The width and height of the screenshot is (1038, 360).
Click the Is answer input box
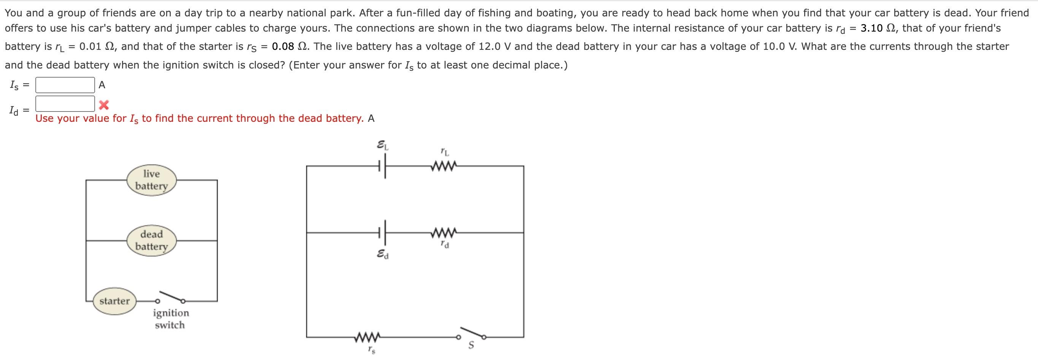65,85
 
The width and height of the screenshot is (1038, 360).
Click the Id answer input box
65,104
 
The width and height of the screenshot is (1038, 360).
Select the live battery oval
151,180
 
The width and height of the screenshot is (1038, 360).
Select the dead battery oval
151,240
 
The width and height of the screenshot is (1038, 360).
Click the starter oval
114,301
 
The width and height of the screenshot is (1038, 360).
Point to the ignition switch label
170,319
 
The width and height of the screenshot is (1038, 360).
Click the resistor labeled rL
444,166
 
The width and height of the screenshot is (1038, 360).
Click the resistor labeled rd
444,233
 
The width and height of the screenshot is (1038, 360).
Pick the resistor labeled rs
367,337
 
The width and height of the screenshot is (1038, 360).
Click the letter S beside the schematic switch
471,346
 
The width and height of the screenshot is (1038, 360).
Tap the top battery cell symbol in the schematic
383,166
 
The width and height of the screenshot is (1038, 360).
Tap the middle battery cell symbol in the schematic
383,233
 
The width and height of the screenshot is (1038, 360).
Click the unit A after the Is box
102,85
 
